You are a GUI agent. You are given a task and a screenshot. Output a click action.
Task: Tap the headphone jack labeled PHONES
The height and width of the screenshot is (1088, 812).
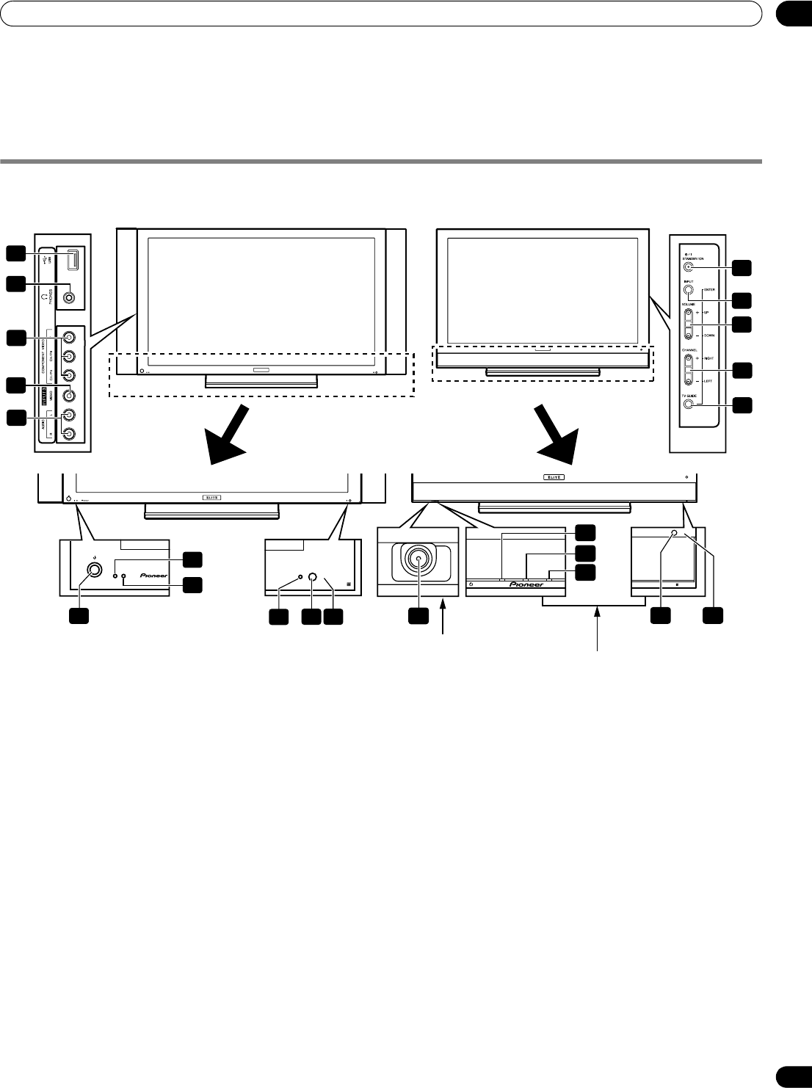tap(68, 298)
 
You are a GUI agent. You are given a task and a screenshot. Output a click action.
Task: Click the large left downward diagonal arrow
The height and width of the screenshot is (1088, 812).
tap(231, 435)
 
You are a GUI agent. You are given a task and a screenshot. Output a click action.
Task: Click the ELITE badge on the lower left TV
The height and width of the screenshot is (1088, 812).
tap(211, 497)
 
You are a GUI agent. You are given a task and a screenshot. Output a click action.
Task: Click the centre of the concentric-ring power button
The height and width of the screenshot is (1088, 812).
tap(418, 559)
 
